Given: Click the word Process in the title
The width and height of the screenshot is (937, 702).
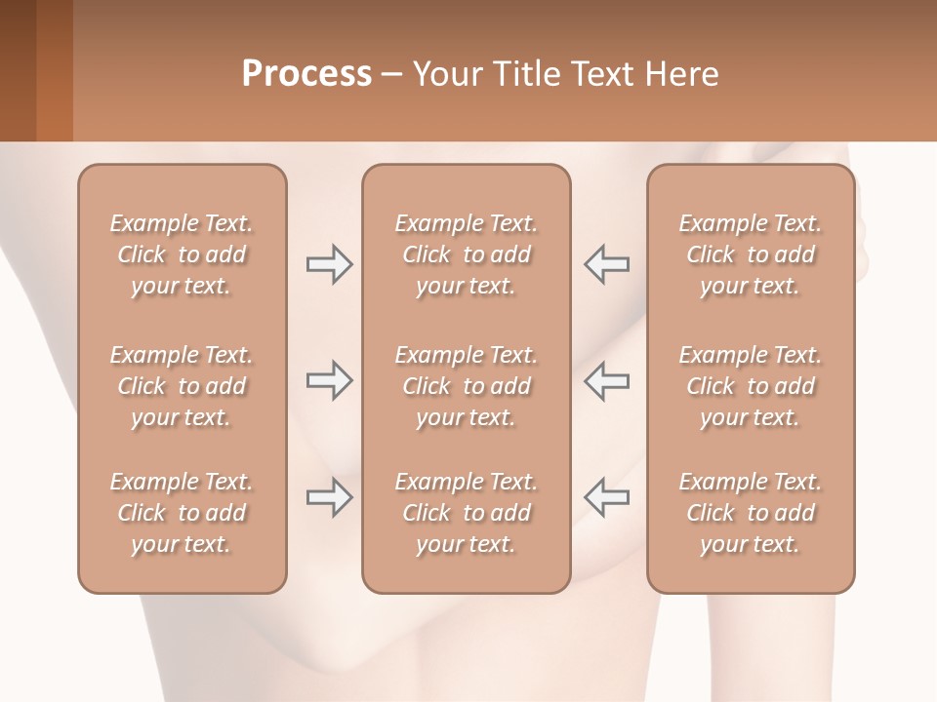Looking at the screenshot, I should click(x=306, y=74).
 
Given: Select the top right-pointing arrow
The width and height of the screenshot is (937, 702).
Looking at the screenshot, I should click(x=330, y=264).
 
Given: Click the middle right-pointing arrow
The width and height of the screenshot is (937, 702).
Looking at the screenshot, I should click(x=330, y=380).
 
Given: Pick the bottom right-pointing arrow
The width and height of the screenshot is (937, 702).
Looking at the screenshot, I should click(x=330, y=497).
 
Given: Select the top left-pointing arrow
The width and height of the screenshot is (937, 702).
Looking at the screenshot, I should click(x=607, y=264).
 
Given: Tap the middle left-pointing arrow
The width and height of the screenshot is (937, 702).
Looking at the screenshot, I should click(x=607, y=380).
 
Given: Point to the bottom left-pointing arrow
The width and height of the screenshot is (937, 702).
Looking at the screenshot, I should click(x=607, y=497).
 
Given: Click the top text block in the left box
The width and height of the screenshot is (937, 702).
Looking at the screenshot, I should click(x=182, y=254).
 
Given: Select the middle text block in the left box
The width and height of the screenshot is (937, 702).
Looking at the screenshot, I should click(x=182, y=386).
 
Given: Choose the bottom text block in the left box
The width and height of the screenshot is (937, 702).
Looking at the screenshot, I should click(x=182, y=513).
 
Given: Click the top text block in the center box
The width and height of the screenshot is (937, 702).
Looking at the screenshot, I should click(x=467, y=254).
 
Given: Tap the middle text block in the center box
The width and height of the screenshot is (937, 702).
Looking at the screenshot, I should click(x=467, y=386).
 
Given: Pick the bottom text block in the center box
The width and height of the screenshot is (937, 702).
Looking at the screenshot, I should click(x=467, y=513).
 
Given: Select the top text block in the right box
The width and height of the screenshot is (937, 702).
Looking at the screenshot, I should click(x=751, y=254).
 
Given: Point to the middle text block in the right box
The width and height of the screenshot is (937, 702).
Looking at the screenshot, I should click(x=751, y=386).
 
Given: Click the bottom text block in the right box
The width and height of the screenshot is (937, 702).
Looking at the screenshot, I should click(x=751, y=513).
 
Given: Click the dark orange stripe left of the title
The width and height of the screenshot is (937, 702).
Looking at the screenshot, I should click(x=54, y=70).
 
